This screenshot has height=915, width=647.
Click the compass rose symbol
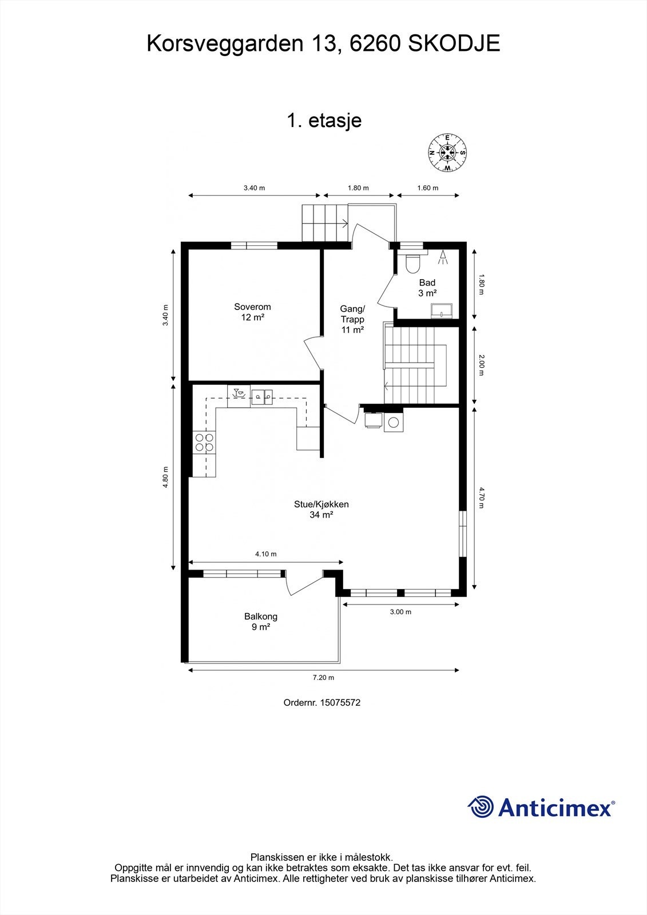[447, 153]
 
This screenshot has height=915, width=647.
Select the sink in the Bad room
[442, 311]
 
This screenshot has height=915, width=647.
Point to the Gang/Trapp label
[352, 319]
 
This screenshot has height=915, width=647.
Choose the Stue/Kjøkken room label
[321, 509]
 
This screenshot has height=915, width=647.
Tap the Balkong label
[261, 621]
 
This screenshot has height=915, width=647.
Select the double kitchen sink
[262, 395]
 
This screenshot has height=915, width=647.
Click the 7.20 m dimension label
[323, 678]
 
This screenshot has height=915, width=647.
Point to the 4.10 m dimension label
[265, 554]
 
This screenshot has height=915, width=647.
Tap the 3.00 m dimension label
[400, 612]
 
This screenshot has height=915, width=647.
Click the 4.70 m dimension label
[481, 497]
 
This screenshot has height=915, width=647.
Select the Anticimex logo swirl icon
[481, 807]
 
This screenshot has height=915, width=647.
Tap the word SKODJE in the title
[454, 43]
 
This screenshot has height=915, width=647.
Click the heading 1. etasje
[324, 121]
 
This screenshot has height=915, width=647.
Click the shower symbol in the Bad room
[443, 257]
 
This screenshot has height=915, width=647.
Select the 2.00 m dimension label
[481, 365]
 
